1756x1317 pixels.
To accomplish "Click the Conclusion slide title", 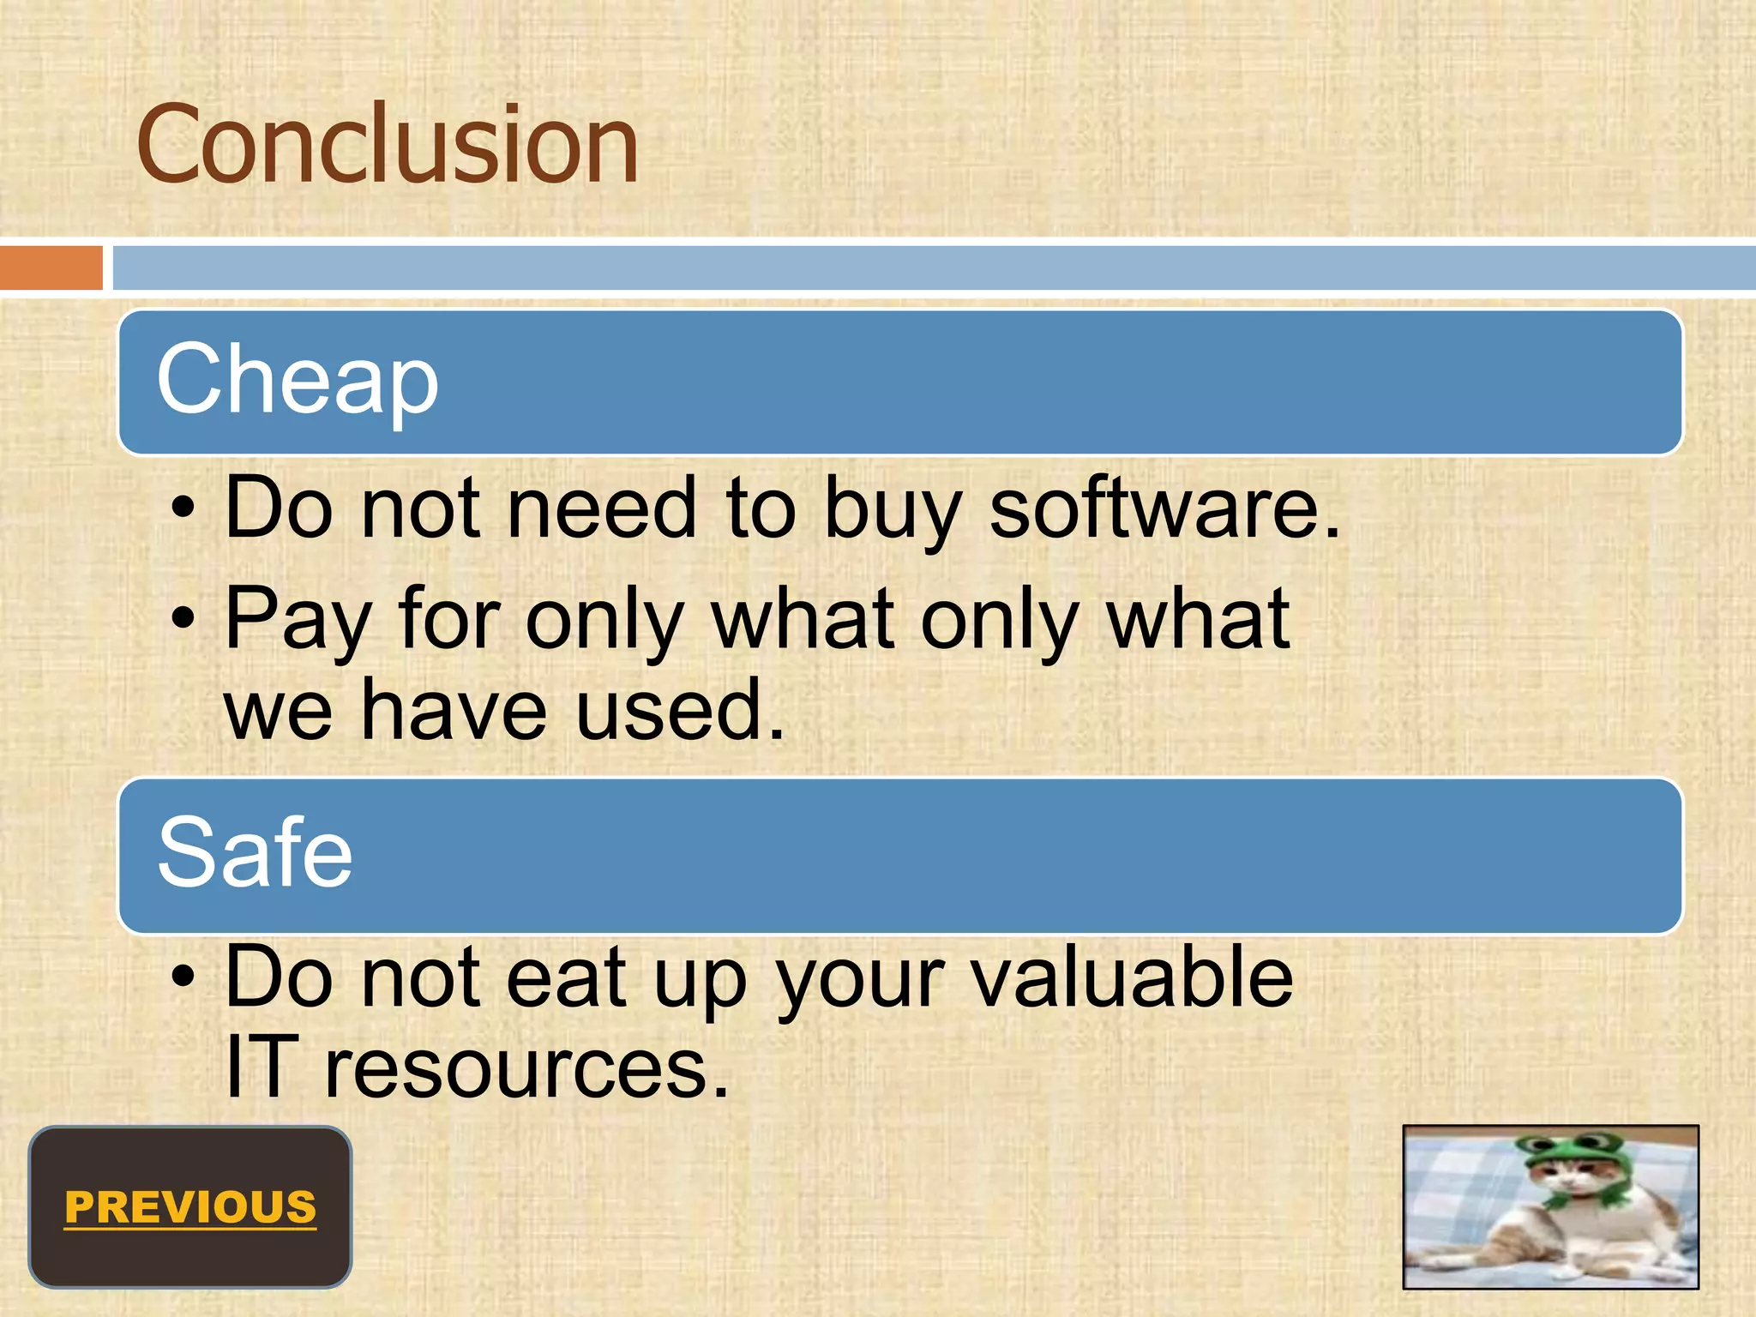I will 388,144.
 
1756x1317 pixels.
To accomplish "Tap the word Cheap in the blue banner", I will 297,379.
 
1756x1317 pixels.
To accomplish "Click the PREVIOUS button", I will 190,1207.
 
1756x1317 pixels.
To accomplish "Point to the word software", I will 1164,509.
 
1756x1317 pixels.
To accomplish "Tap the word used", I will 679,710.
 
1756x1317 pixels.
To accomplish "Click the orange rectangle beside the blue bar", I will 51,268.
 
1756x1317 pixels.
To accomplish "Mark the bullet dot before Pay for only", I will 183,618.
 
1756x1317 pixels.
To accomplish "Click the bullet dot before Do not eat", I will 183,977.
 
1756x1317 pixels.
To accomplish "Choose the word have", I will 454,710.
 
